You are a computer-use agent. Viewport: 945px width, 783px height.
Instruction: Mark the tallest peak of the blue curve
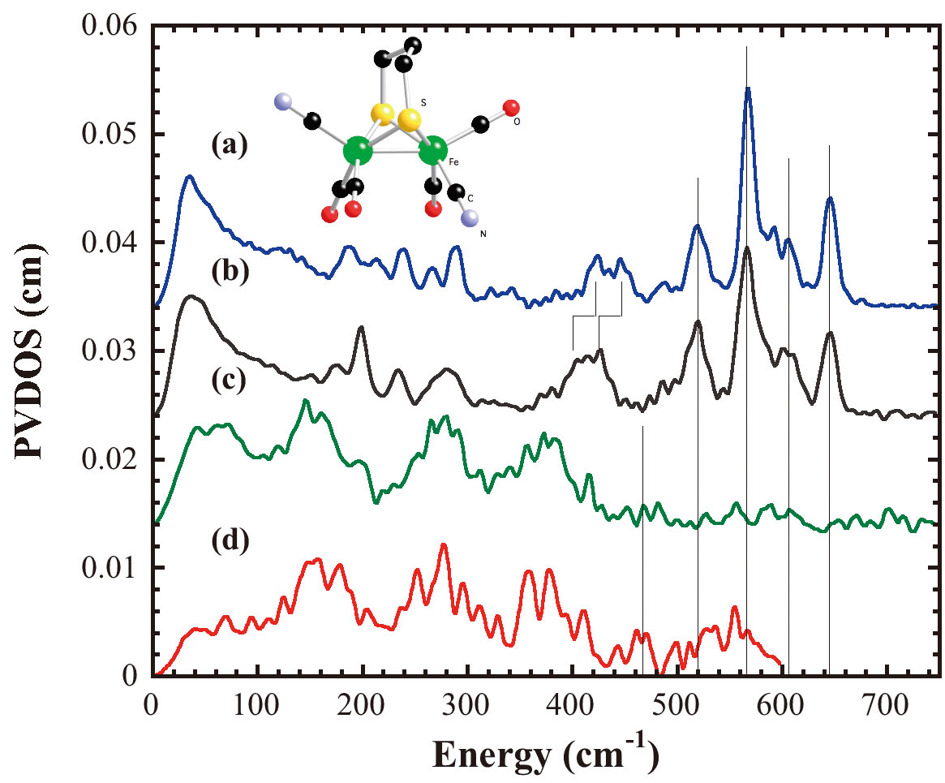[x=747, y=88]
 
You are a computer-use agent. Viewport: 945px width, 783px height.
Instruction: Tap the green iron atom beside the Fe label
[x=433, y=150]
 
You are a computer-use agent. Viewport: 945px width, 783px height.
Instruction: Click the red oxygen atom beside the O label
[x=511, y=108]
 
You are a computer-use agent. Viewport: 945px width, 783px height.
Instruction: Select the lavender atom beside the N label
[x=471, y=218]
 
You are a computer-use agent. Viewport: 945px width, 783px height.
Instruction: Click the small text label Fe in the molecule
[x=453, y=163]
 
